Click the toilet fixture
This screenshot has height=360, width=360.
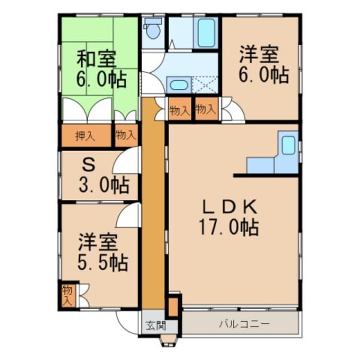(x=154, y=28)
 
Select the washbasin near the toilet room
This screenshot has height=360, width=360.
(x=178, y=85)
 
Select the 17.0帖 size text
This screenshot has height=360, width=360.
(x=229, y=228)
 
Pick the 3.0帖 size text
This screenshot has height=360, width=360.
(x=103, y=185)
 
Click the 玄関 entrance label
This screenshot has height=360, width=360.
(x=154, y=326)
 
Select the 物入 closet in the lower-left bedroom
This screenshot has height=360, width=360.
(x=67, y=295)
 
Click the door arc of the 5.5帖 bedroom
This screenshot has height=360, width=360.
(x=128, y=216)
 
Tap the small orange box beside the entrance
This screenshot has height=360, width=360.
(x=173, y=305)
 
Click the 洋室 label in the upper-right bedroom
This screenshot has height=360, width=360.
(x=259, y=55)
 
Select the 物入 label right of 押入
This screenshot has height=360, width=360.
(x=125, y=136)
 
